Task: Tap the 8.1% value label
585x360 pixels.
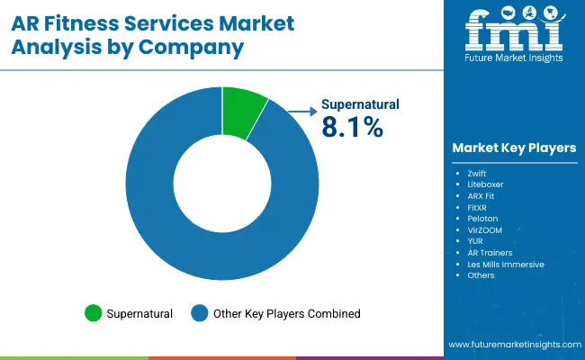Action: [353, 128]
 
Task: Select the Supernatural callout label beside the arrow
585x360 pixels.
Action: [360, 105]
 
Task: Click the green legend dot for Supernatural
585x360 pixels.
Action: [93, 313]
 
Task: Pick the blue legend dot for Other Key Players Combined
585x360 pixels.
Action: [200, 313]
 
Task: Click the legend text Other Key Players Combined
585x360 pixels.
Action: [286, 313]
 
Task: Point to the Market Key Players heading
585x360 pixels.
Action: [514, 148]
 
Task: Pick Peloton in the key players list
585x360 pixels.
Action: [483, 218]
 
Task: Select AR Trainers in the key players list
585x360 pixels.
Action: [490, 253]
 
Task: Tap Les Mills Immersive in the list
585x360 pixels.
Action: [506, 265]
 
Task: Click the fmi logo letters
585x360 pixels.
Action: [513, 34]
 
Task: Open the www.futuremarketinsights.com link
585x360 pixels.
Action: [513, 346]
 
